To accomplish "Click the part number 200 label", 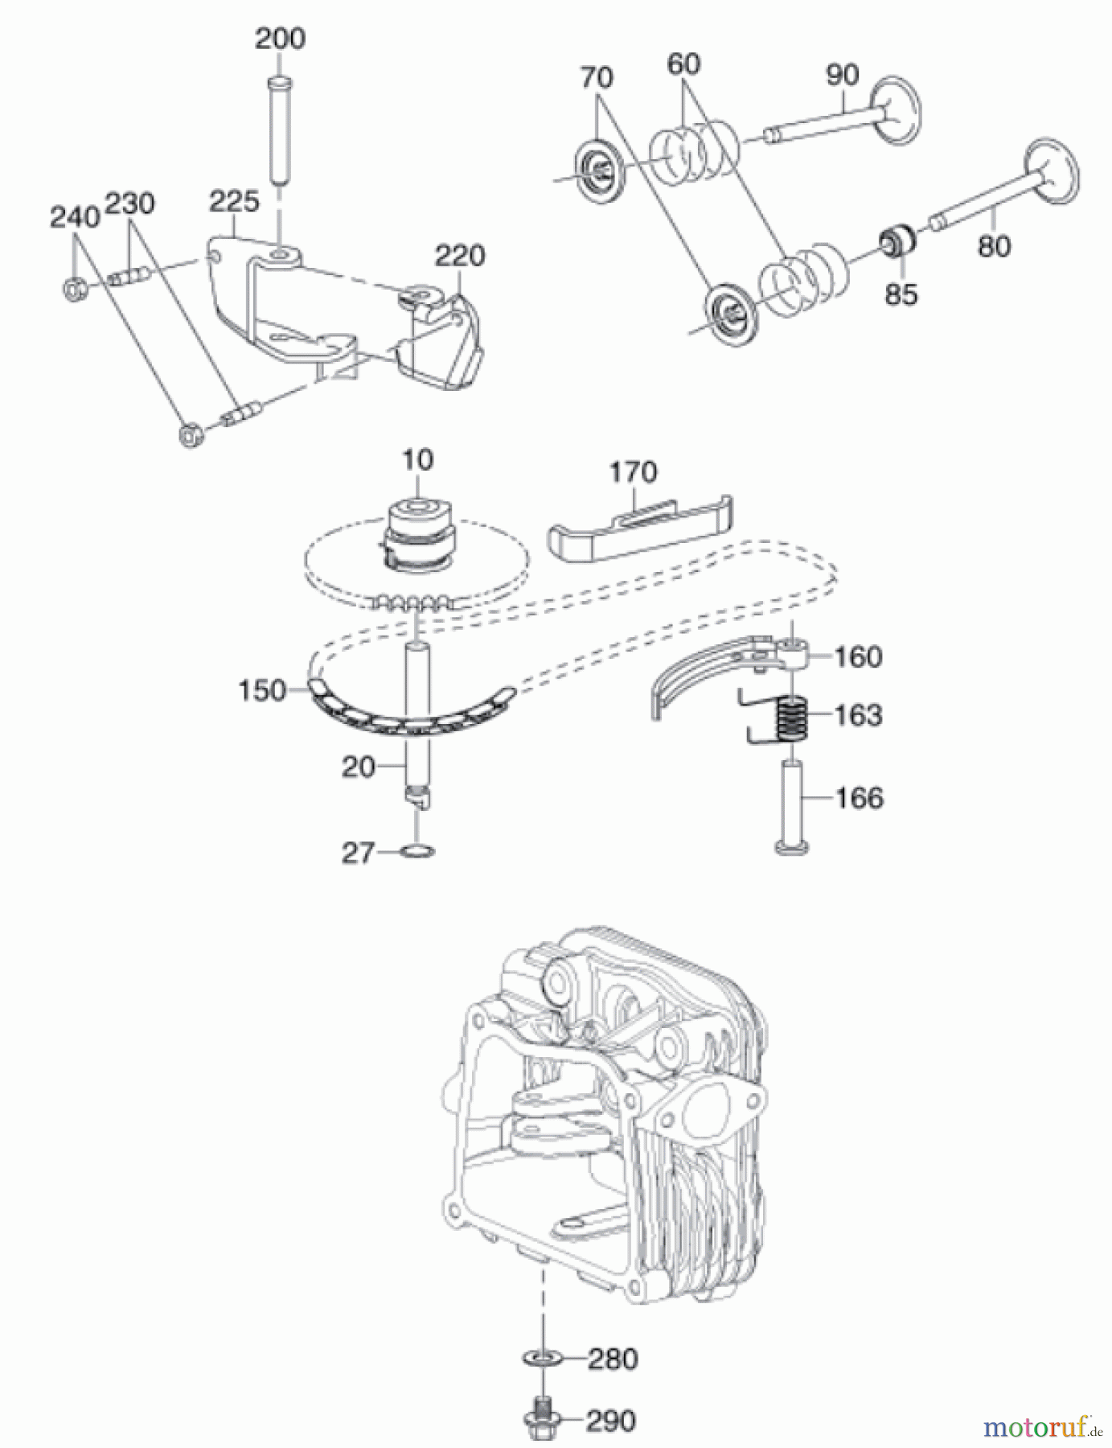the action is [x=280, y=39].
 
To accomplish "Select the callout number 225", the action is [x=234, y=201].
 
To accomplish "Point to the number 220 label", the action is [x=460, y=256].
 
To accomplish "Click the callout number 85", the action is [x=901, y=294].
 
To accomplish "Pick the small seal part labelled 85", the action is [x=899, y=240].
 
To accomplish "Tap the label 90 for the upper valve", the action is [x=842, y=76].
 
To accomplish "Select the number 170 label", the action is [x=633, y=472].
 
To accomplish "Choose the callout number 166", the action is [x=860, y=798].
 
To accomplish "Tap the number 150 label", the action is [x=262, y=690].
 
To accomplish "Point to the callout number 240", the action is [x=75, y=217].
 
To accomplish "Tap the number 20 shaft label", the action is [x=358, y=767].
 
